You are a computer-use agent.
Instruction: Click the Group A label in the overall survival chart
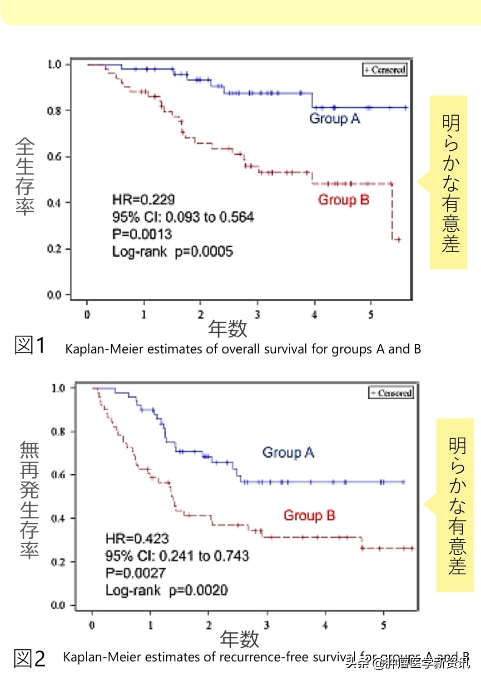(x=334, y=119)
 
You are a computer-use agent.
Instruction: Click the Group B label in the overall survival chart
(x=343, y=199)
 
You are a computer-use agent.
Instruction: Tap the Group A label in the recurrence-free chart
(x=288, y=452)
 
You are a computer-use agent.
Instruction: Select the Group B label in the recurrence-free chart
(x=309, y=515)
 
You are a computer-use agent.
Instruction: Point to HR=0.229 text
(x=144, y=199)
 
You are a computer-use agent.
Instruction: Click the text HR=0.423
(x=137, y=539)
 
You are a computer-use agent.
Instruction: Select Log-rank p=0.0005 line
(x=173, y=251)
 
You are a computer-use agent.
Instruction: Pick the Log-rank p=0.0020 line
(x=167, y=590)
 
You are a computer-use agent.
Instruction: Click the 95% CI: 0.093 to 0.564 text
(x=183, y=217)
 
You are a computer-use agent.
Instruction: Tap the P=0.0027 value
(x=135, y=573)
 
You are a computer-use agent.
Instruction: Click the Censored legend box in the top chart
(x=384, y=70)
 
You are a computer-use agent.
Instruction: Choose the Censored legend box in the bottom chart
(x=391, y=393)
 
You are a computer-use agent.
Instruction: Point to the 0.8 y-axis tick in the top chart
(x=54, y=110)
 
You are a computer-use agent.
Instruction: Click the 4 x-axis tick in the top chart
(x=314, y=314)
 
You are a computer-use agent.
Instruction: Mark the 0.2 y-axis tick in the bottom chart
(x=58, y=562)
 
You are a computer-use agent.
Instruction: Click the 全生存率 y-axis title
(x=25, y=176)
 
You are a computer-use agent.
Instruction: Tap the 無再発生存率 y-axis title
(x=29, y=500)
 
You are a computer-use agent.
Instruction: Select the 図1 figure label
(x=30, y=345)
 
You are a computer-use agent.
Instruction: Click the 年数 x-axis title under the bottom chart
(x=239, y=639)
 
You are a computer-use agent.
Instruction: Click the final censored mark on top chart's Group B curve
(x=397, y=239)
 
